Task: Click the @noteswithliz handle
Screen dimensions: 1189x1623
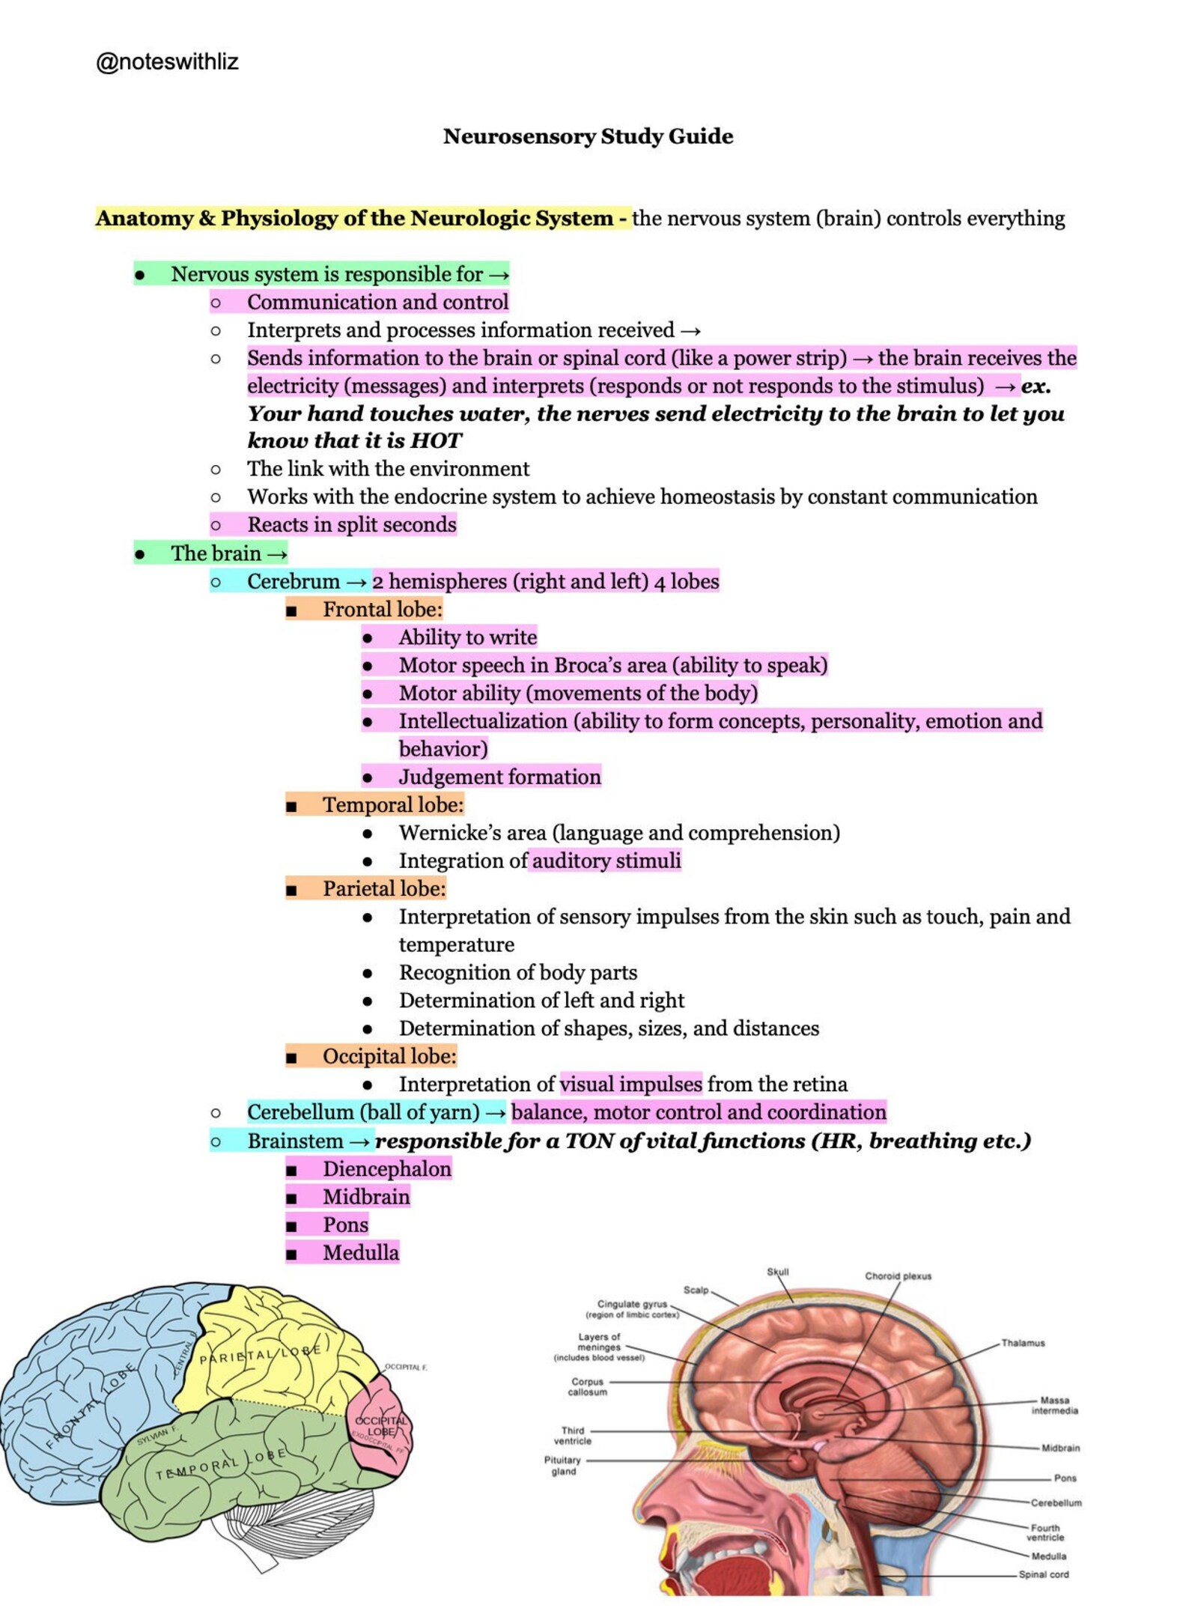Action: [x=167, y=61]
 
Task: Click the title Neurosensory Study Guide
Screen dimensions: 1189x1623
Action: [x=588, y=136]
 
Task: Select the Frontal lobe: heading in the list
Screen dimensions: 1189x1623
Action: [x=382, y=610]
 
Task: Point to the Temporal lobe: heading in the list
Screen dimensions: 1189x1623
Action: [x=392, y=805]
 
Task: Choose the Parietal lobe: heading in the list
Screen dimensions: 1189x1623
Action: [x=383, y=889]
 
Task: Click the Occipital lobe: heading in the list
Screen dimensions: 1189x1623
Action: [x=389, y=1057]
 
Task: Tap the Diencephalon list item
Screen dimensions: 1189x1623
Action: [x=386, y=1169]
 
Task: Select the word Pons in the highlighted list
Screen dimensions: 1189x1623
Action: [x=345, y=1225]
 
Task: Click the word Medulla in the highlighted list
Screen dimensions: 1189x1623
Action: [x=360, y=1253]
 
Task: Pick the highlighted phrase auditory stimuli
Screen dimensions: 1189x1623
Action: [x=606, y=861]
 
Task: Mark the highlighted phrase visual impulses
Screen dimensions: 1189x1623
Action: [x=630, y=1084]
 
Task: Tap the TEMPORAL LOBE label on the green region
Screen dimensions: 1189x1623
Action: [x=220, y=1465]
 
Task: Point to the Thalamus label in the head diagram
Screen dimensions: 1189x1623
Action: [x=1023, y=1343]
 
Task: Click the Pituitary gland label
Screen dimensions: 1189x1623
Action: [x=563, y=1466]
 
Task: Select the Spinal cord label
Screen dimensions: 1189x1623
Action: [x=1043, y=1574]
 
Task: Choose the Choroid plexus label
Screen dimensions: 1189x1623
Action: [x=898, y=1276]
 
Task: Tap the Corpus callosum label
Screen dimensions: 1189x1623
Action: [x=587, y=1387]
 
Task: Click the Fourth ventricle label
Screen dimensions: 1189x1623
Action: [x=1045, y=1532]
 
